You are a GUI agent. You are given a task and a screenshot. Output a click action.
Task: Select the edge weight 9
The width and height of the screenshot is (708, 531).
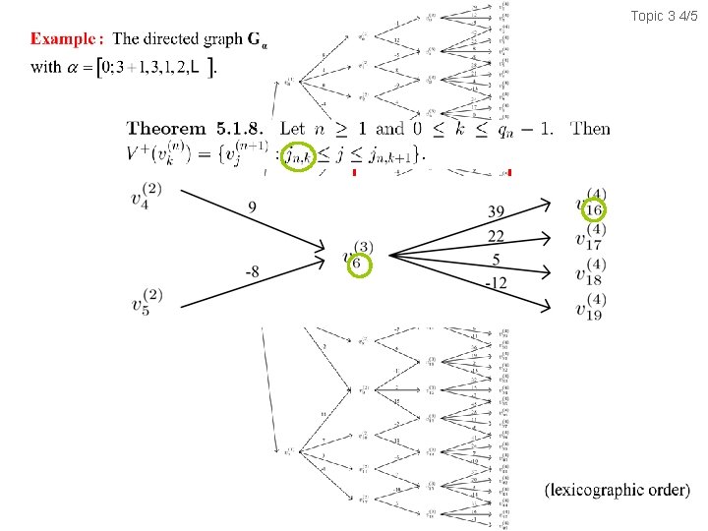coord(252,208)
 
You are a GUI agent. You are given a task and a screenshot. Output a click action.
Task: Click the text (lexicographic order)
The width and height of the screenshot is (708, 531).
coord(617,490)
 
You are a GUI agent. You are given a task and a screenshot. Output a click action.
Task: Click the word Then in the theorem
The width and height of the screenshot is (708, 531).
coord(590,129)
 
